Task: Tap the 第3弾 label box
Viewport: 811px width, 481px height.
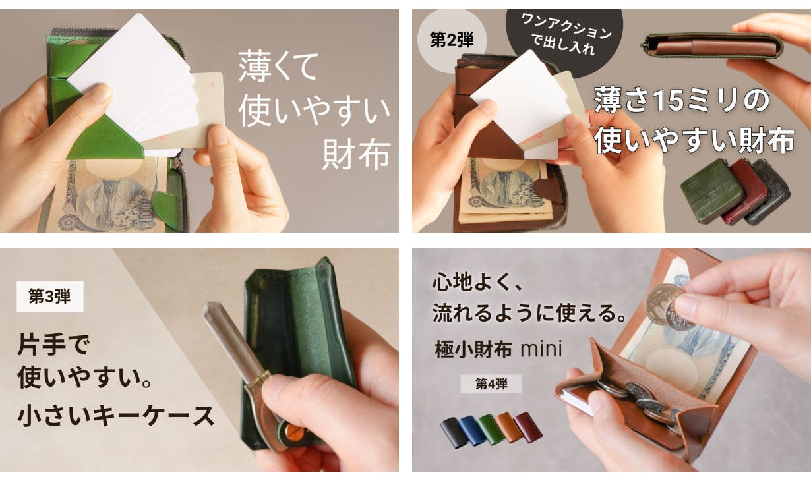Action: point(50,297)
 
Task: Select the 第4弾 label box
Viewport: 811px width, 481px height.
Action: point(491,384)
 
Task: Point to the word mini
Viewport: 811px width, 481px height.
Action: point(541,349)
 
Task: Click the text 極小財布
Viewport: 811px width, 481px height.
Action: point(473,350)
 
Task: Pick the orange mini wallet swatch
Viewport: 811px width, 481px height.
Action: point(508,428)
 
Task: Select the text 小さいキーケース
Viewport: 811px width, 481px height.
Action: point(116,416)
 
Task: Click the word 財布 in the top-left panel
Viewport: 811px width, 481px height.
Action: point(356,155)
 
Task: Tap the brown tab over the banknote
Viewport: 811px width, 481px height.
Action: point(548,188)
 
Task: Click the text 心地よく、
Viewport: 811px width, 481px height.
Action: point(478,281)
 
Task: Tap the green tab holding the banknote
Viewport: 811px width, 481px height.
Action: point(165,207)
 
